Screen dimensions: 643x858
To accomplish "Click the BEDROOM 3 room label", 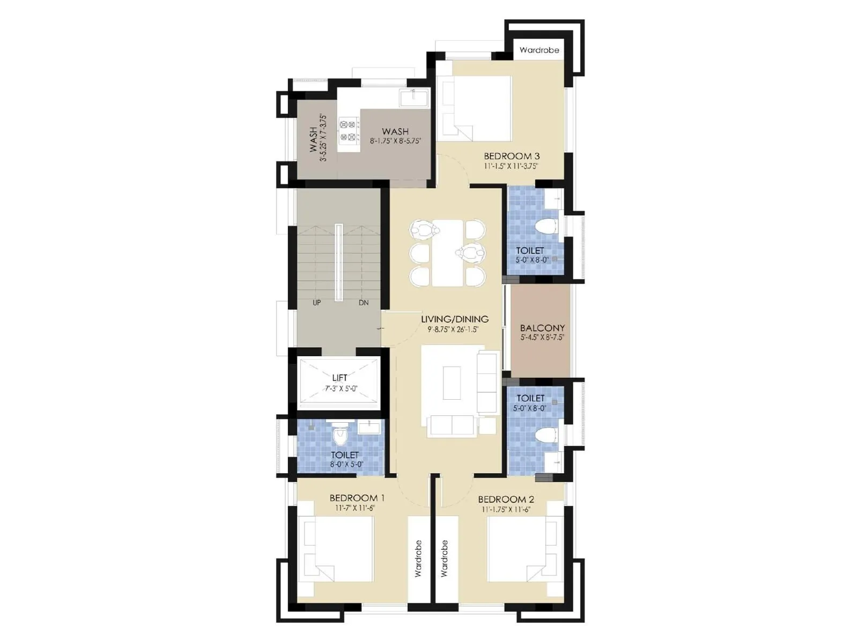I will [511, 156].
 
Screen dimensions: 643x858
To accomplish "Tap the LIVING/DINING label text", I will [454, 319].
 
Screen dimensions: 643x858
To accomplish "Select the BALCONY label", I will [542, 327].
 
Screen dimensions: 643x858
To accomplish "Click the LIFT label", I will [339, 378].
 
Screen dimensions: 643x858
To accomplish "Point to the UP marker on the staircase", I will [316, 303].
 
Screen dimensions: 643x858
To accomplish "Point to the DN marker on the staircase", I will [364, 303].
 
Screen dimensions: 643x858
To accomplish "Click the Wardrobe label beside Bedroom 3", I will [539, 50].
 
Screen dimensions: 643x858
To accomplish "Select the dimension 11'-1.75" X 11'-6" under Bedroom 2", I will [505, 510].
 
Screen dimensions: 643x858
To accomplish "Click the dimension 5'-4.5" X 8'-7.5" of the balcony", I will [542, 338].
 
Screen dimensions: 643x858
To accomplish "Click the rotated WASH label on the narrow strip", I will [314, 139].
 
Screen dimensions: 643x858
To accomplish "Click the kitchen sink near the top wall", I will [413, 98].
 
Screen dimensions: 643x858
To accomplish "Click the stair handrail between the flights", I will [339, 263].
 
